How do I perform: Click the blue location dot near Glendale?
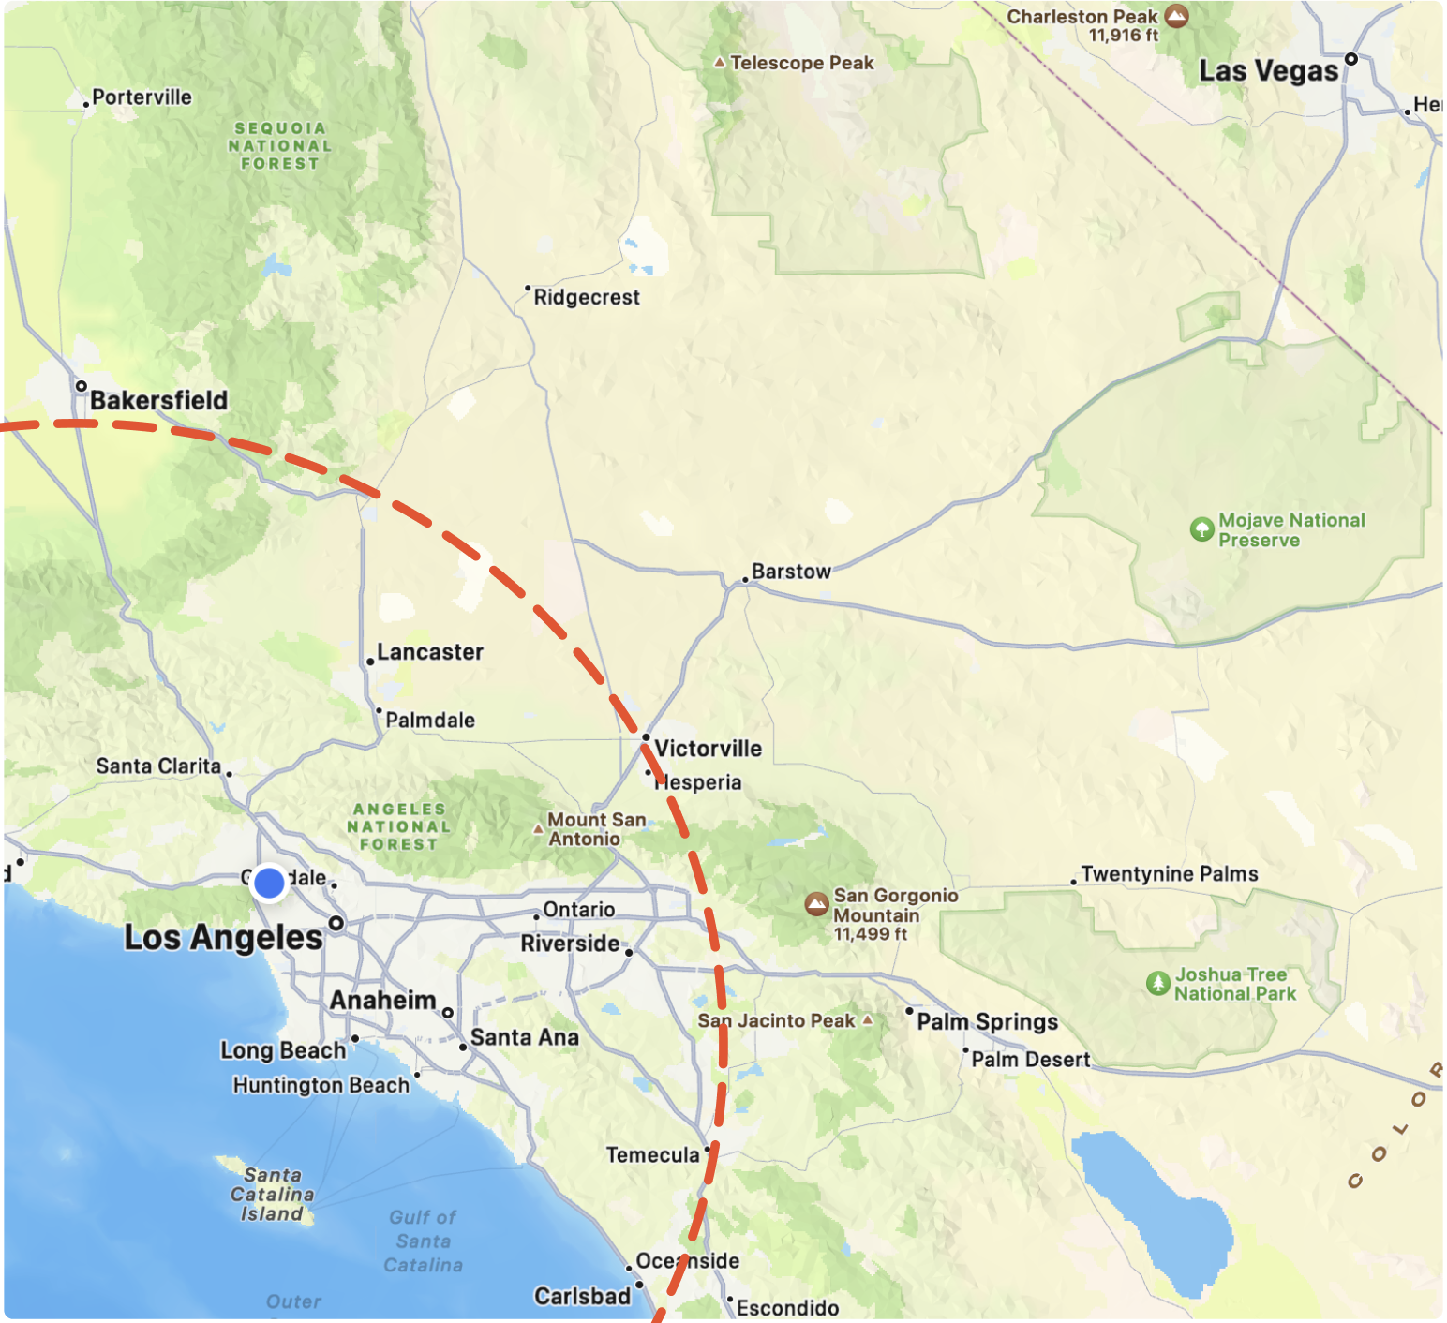click(x=269, y=883)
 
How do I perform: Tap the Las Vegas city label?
click(x=1268, y=71)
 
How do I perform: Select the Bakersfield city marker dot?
click(x=82, y=386)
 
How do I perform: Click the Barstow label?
click(x=791, y=572)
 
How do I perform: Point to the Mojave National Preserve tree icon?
click(x=1201, y=529)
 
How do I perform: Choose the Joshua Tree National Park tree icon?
click(x=1158, y=983)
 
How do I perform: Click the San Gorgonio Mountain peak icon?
click(x=817, y=904)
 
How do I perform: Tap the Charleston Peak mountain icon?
click(x=1177, y=16)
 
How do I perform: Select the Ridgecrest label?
click(x=587, y=297)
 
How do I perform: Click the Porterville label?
click(x=142, y=97)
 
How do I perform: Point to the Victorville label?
click(x=709, y=749)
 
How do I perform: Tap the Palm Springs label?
click(x=987, y=1021)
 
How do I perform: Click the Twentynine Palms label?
click(x=1169, y=874)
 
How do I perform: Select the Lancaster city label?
click(x=430, y=652)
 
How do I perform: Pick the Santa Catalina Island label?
click(x=272, y=1195)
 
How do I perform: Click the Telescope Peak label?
click(x=801, y=63)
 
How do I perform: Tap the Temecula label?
click(x=652, y=1155)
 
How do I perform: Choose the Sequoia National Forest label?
click(x=280, y=145)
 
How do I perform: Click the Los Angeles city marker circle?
click(x=336, y=924)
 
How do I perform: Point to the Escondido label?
click(x=787, y=1308)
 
